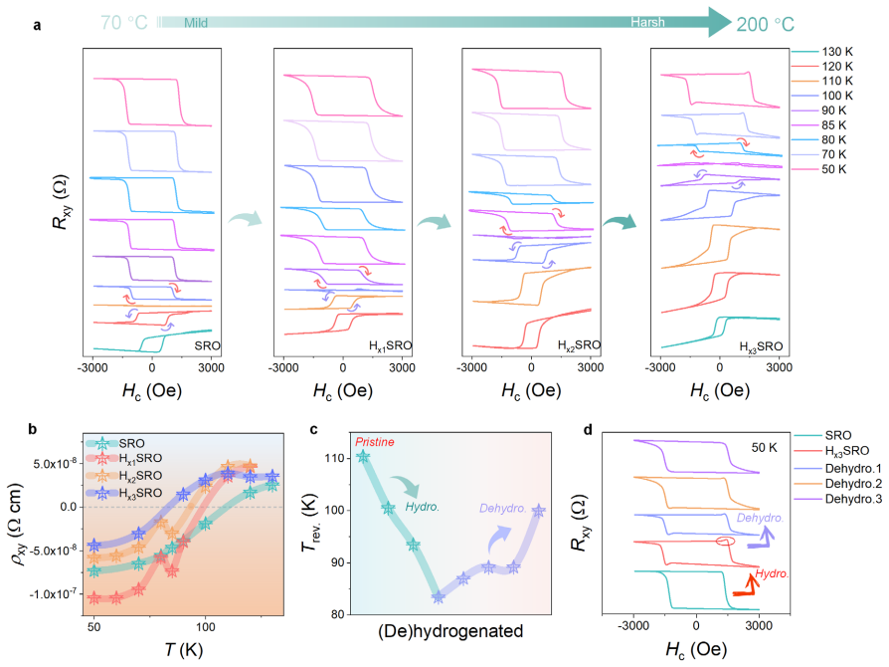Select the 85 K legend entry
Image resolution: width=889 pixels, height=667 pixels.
pos(818,124)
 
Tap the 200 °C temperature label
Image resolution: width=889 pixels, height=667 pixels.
pos(766,25)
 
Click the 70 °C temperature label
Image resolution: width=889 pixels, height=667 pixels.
pos(124,23)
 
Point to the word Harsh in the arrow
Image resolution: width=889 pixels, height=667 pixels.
pos(647,22)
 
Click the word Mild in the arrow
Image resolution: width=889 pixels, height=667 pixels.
pos(196,23)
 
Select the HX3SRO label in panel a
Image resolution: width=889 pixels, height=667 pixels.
pos(761,346)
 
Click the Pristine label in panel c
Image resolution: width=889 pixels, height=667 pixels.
pos(375,442)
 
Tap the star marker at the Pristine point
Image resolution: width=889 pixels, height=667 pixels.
pos(363,456)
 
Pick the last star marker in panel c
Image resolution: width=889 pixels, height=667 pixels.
pos(539,511)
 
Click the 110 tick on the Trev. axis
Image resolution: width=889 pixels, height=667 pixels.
pos(335,458)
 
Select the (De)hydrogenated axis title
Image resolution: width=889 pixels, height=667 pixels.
pos(450,631)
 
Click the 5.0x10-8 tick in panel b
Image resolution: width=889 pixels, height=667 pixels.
pos(55,463)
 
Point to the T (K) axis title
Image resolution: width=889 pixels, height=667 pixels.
pos(183,649)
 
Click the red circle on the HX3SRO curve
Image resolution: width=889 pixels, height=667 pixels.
pos(725,542)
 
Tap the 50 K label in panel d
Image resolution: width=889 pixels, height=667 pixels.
pos(765,448)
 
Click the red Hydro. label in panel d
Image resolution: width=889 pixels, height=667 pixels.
pos(772,573)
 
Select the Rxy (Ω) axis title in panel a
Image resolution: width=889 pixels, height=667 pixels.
pos(61,201)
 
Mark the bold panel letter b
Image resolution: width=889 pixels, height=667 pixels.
pos(32,429)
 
